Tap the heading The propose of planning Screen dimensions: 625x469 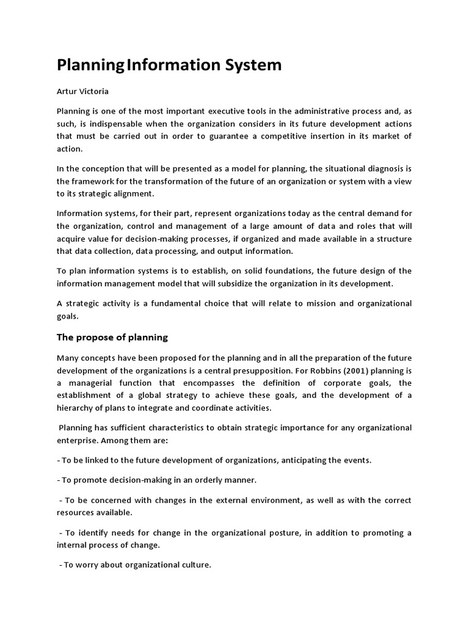(112, 337)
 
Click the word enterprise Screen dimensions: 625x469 (79, 441)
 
